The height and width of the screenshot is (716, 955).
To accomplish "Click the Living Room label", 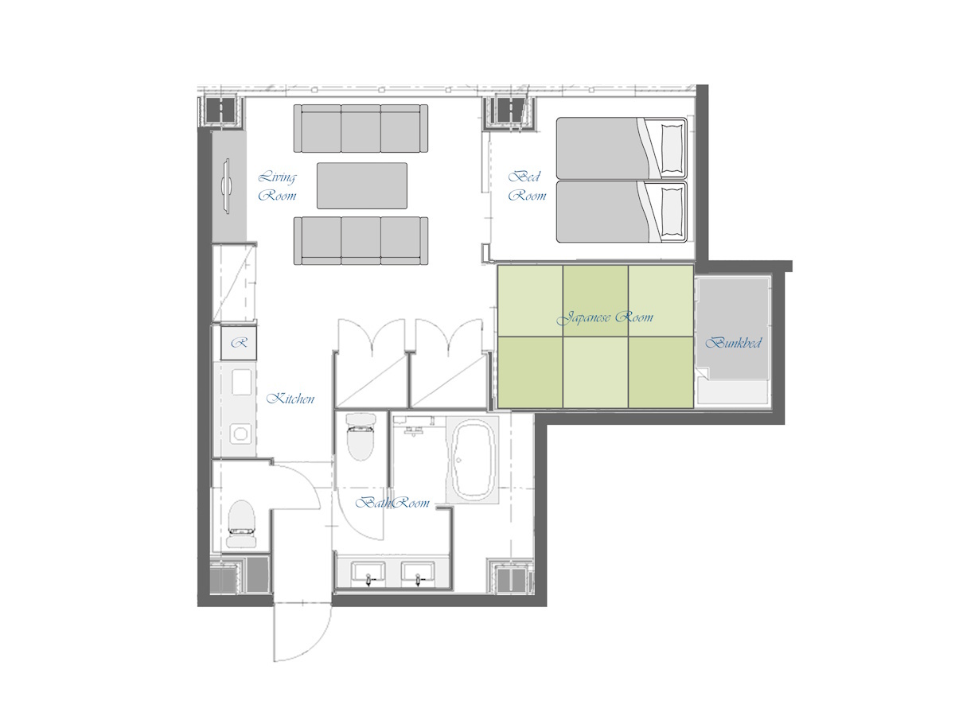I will coord(278,186).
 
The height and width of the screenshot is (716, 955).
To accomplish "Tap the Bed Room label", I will coord(526,185).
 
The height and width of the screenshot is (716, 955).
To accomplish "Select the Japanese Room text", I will coord(605,317).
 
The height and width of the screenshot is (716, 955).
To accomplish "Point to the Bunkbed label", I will coord(733,344).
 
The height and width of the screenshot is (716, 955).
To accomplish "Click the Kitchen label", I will coord(290,399).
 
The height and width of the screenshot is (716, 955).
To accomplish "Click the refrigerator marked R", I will coord(238,344).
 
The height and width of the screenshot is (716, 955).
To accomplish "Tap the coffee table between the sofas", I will coord(362,185).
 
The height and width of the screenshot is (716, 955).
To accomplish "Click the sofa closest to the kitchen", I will coord(361,240).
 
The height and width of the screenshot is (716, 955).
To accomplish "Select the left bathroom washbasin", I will coord(368,573).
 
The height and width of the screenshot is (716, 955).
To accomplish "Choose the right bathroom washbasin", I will coord(418,573).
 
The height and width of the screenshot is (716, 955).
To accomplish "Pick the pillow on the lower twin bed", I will coord(672,212).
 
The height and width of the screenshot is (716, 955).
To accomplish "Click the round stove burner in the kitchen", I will coord(239,434).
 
